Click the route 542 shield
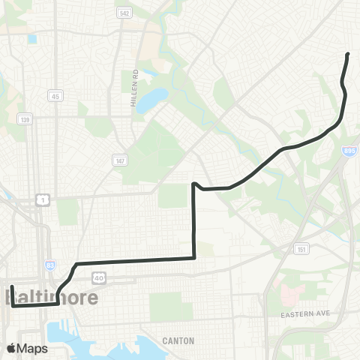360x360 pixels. pyautogui.click(x=124, y=14)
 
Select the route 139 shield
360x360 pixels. pyautogui.click(x=25, y=119)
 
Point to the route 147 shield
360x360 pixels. pyautogui.click(x=120, y=160)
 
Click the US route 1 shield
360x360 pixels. pyautogui.click(x=43, y=199)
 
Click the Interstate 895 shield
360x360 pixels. pyautogui.click(x=349, y=151)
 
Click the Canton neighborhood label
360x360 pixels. pyautogui.click(x=178, y=340)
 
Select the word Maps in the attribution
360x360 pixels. pyautogui.click(x=34, y=348)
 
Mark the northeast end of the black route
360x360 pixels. pyautogui.click(x=348, y=54)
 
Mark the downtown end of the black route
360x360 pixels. pyautogui.click(x=13, y=286)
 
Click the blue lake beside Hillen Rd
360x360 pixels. pyautogui.click(x=152, y=100)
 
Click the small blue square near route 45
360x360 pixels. pyautogui.click(x=32, y=39)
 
